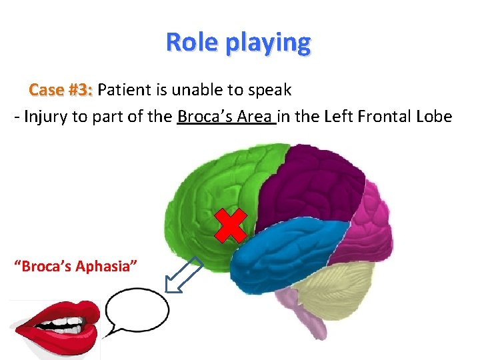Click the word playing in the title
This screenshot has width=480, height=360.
click(269, 43)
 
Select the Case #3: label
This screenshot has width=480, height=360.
click(61, 90)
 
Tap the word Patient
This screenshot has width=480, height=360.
click(128, 90)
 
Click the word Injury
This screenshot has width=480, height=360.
click(45, 117)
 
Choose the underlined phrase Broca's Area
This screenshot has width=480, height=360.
click(225, 117)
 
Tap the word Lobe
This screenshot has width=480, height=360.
click(435, 117)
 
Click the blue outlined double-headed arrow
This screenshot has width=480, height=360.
click(184, 275)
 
